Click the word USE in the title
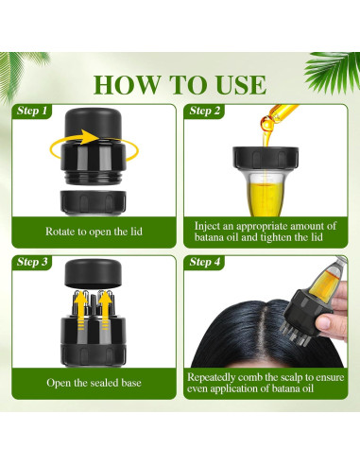(x=241, y=85)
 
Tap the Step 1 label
(x=32, y=111)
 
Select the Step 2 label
(x=205, y=111)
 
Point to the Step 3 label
(x=32, y=262)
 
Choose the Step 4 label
(x=205, y=262)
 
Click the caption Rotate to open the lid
(x=94, y=232)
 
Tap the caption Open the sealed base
(x=94, y=383)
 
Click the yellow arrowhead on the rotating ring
(x=92, y=136)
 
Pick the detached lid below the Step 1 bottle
(x=93, y=202)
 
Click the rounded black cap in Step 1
(x=93, y=123)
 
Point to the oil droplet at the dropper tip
(x=266, y=124)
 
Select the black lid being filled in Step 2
(x=266, y=159)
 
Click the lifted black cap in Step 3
(x=93, y=272)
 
